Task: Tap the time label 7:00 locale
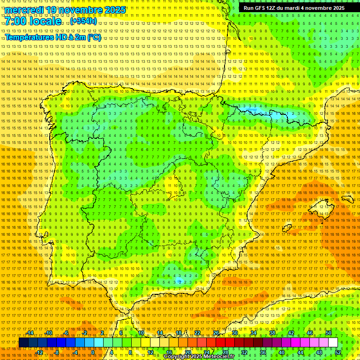click(x=33, y=22)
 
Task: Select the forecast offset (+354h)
click(x=84, y=21)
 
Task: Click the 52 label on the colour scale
click(x=338, y=352)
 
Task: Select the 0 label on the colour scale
click(x=93, y=352)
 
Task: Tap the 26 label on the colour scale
click(x=216, y=333)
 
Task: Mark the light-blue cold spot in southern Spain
click(x=180, y=281)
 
